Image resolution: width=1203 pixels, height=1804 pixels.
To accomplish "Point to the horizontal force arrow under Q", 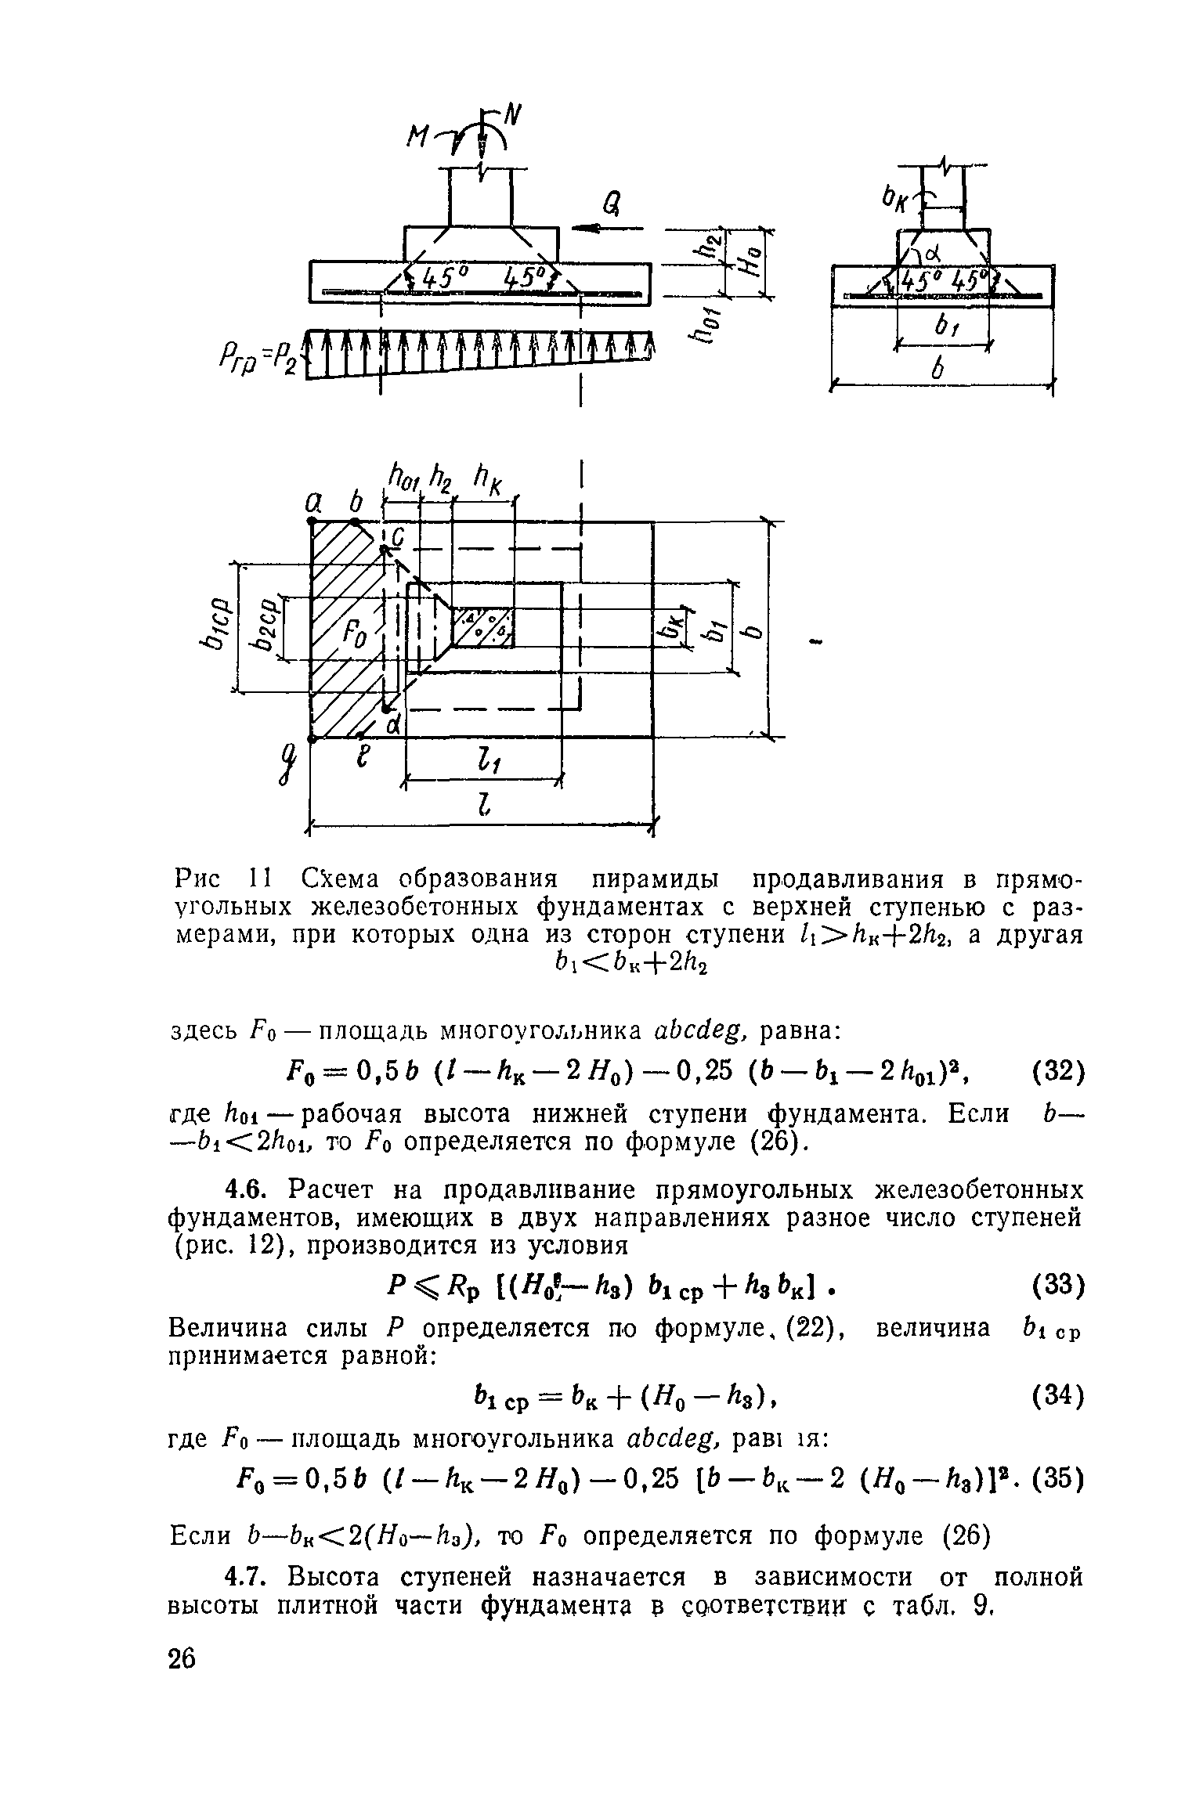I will point(606,229).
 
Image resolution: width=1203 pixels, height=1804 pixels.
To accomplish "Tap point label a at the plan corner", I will point(312,499).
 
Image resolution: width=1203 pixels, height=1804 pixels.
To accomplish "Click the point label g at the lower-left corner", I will point(292,763).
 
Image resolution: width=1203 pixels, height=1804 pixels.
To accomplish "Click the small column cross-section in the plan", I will point(483,626).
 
